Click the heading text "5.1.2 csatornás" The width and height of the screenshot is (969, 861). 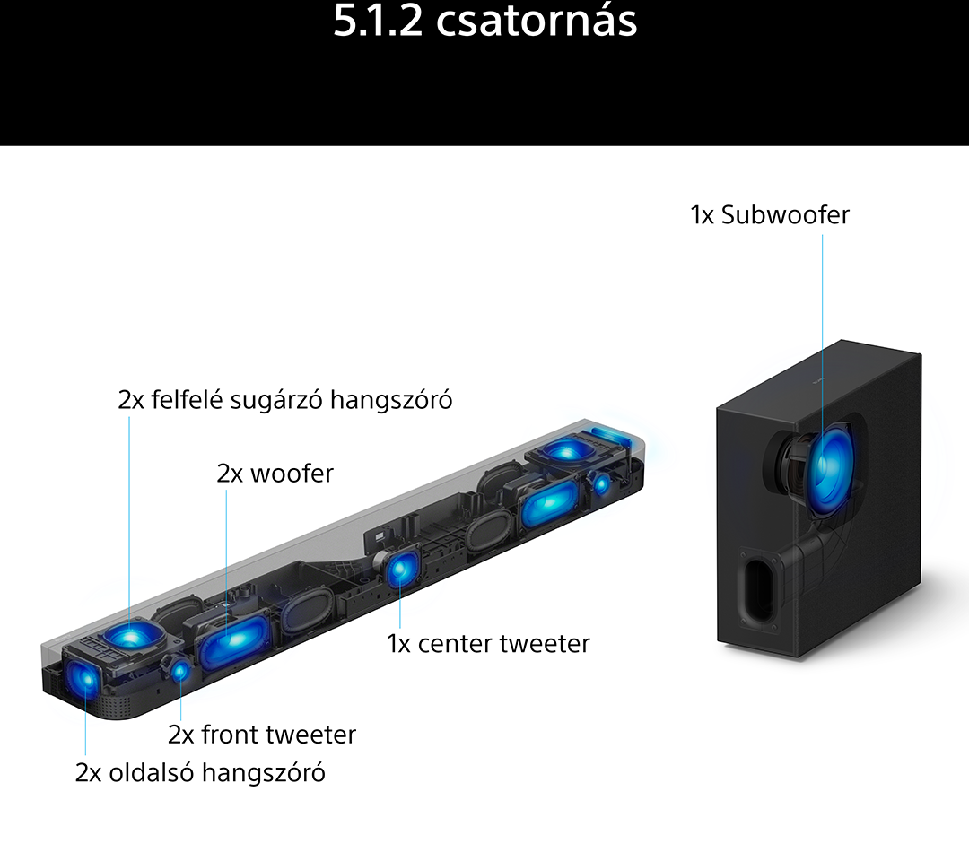[x=485, y=21]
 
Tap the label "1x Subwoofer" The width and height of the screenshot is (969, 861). [x=770, y=215]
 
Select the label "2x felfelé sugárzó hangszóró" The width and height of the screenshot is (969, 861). [x=285, y=400]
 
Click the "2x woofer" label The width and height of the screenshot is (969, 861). [x=275, y=474]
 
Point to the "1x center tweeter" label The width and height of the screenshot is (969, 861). [x=488, y=644]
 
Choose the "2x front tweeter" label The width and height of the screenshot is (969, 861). [x=262, y=735]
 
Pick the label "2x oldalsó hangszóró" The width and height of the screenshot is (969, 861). [x=200, y=773]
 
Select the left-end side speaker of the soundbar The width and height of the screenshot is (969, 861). [x=82, y=678]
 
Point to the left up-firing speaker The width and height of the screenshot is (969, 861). [x=132, y=636]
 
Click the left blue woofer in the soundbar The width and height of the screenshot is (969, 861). [x=234, y=640]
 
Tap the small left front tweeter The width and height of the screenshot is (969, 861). [x=179, y=671]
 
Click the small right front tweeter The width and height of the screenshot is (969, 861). [x=601, y=483]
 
